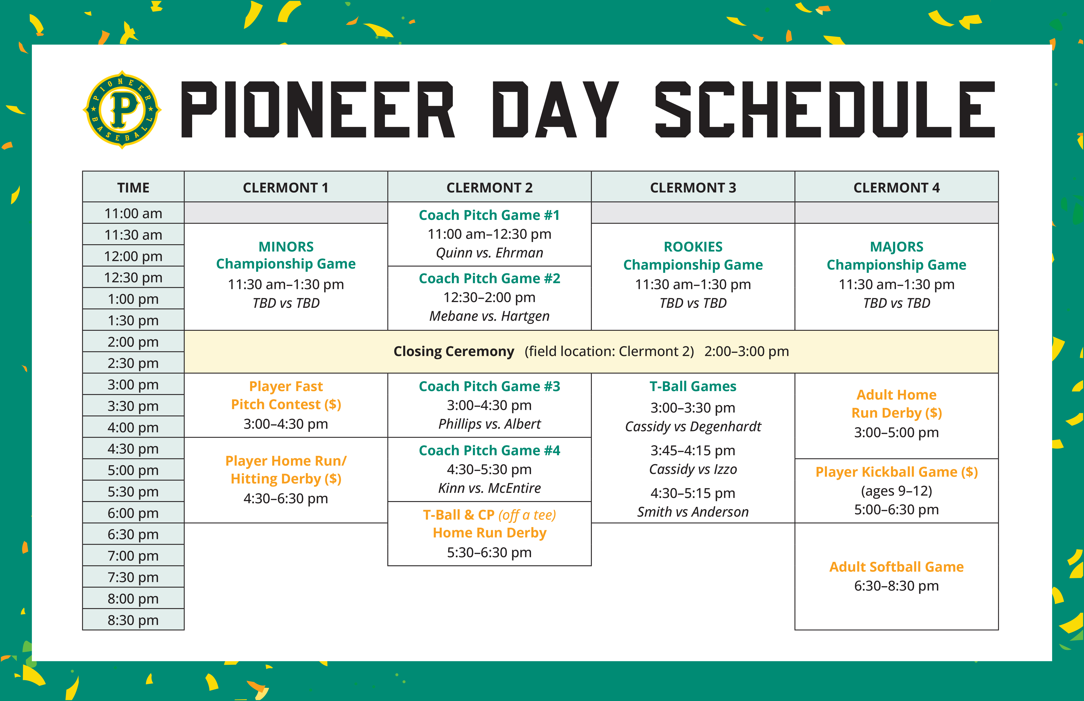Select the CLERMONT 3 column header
coord(693,188)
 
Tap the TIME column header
coord(133,188)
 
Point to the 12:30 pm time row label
coord(133,277)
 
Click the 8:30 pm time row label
coord(133,620)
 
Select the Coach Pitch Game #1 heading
coord(489,215)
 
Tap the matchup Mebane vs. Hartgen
coord(489,316)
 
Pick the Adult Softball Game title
coord(896,567)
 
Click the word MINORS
coord(286,247)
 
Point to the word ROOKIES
coord(693,247)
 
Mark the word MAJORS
coord(896,247)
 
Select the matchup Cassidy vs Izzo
coord(693,469)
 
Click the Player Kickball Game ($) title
coord(896,472)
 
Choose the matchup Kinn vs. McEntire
coord(489,488)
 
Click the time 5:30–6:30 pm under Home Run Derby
coord(489,552)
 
